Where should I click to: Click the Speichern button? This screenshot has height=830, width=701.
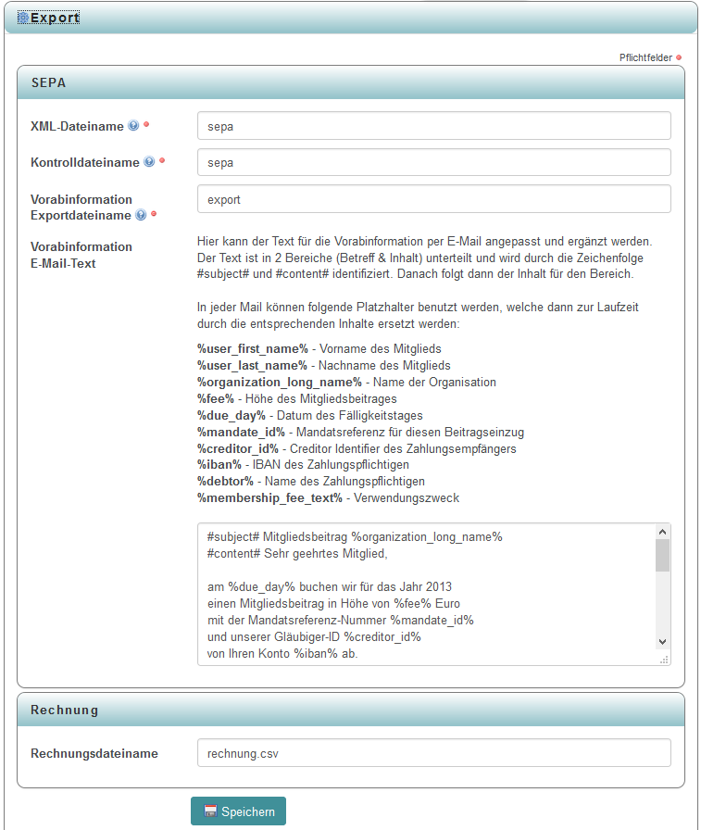[238, 811]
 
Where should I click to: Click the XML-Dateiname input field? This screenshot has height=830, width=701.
[433, 126]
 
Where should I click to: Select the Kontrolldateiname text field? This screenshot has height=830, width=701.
[433, 162]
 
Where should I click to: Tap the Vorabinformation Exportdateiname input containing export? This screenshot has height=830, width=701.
[433, 199]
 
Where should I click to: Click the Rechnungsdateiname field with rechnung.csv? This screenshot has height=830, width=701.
[433, 753]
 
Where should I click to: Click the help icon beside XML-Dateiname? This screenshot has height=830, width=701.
[133, 126]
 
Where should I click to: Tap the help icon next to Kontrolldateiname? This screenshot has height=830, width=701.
[149, 162]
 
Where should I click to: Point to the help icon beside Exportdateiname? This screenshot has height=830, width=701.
[141, 215]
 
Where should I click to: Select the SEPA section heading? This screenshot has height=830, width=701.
[48, 82]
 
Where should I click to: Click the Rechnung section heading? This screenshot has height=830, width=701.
[65, 711]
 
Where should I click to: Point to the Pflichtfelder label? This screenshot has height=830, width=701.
[645, 57]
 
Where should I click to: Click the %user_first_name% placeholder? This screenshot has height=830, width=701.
[252, 348]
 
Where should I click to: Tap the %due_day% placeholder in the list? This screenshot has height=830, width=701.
[232, 415]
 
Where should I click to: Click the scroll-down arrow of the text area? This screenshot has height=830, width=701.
[662, 641]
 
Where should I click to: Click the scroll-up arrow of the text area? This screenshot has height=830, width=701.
[662, 533]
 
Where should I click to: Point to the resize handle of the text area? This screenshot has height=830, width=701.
[663, 660]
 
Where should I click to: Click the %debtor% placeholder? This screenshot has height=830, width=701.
[226, 482]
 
